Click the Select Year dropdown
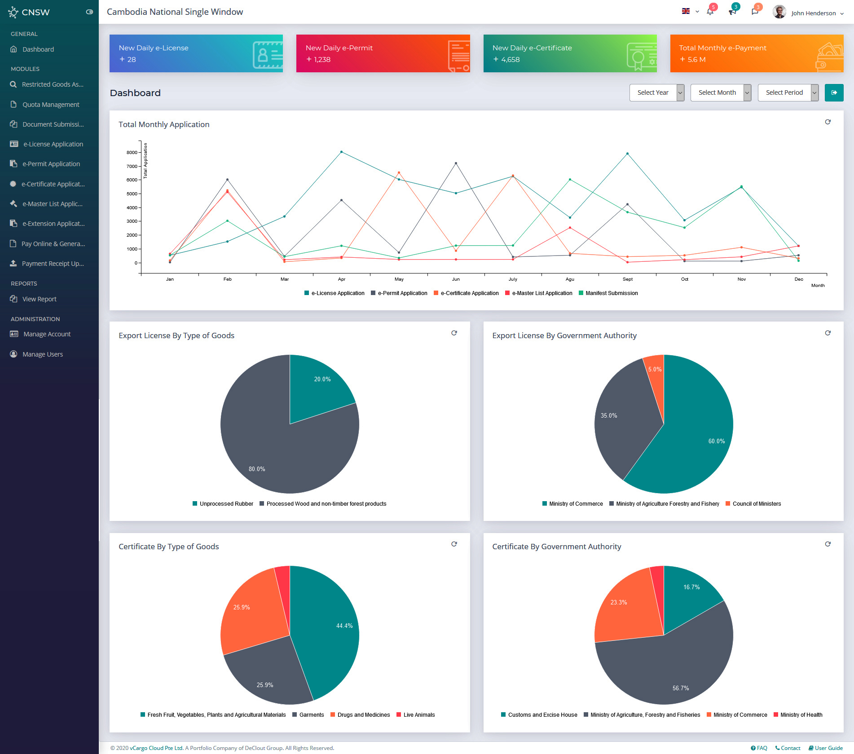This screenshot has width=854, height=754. click(656, 93)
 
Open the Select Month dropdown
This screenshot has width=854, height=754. click(720, 93)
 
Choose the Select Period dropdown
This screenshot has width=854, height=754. click(788, 93)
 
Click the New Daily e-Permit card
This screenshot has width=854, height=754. click(383, 53)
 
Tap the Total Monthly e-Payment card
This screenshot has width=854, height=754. click(756, 53)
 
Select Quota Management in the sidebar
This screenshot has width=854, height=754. click(51, 105)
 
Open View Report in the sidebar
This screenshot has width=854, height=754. click(40, 299)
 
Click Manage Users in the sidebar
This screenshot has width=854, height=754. click(43, 354)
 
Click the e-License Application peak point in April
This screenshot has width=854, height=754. click(341, 152)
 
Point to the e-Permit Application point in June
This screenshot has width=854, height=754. click(456, 163)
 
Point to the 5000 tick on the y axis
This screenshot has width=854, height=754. click(132, 194)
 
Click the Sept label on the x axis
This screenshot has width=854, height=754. click(627, 279)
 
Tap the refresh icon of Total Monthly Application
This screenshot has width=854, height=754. click(828, 122)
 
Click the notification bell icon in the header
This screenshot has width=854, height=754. click(710, 12)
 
